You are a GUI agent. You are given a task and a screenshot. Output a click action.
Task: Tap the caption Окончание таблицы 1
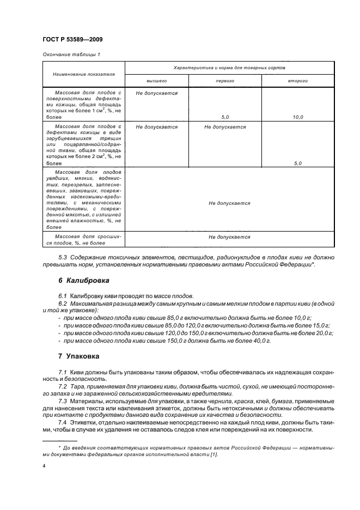point(71,54)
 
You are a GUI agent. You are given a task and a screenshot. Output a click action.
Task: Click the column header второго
point(298,81)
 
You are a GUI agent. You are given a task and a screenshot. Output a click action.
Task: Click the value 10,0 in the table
point(298,117)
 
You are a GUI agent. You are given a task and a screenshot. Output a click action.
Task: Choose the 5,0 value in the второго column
point(298,163)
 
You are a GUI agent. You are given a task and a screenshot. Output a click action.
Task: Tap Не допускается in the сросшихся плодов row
point(229,237)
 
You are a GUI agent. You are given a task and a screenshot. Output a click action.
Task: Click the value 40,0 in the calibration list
point(260,341)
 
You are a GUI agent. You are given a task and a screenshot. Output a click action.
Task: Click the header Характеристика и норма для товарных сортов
point(229,67)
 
